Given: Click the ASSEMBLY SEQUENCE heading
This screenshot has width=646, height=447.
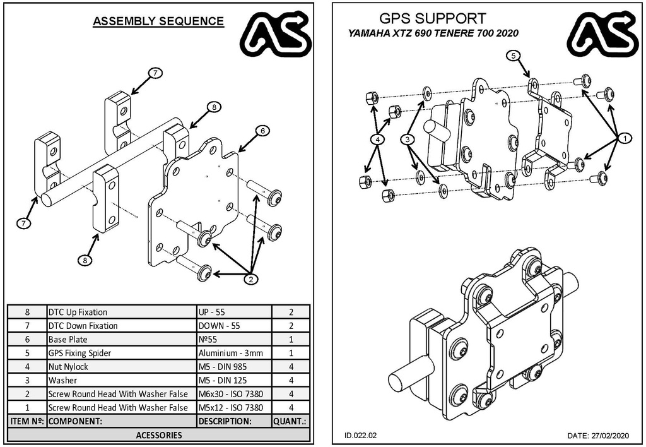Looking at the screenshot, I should [x=158, y=21].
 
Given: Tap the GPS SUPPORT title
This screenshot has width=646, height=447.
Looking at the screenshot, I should [x=433, y=18].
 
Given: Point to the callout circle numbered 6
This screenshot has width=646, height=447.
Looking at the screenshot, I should [x=262, y=131].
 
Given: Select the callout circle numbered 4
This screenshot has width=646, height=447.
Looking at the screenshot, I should [x=377, y=138].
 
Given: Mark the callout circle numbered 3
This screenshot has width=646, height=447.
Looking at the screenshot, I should [x=409, y=138].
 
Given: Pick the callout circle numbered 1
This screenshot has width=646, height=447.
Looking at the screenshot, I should [x=624, y=138].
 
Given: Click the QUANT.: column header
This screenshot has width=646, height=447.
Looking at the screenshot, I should [x=291, y=420].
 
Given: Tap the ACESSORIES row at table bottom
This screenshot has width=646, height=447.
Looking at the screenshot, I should [x=158, y=434].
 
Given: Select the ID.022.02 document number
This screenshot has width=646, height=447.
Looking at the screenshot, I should [x=361, y=436].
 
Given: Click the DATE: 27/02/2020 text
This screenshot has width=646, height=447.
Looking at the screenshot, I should [x=597, y=436].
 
